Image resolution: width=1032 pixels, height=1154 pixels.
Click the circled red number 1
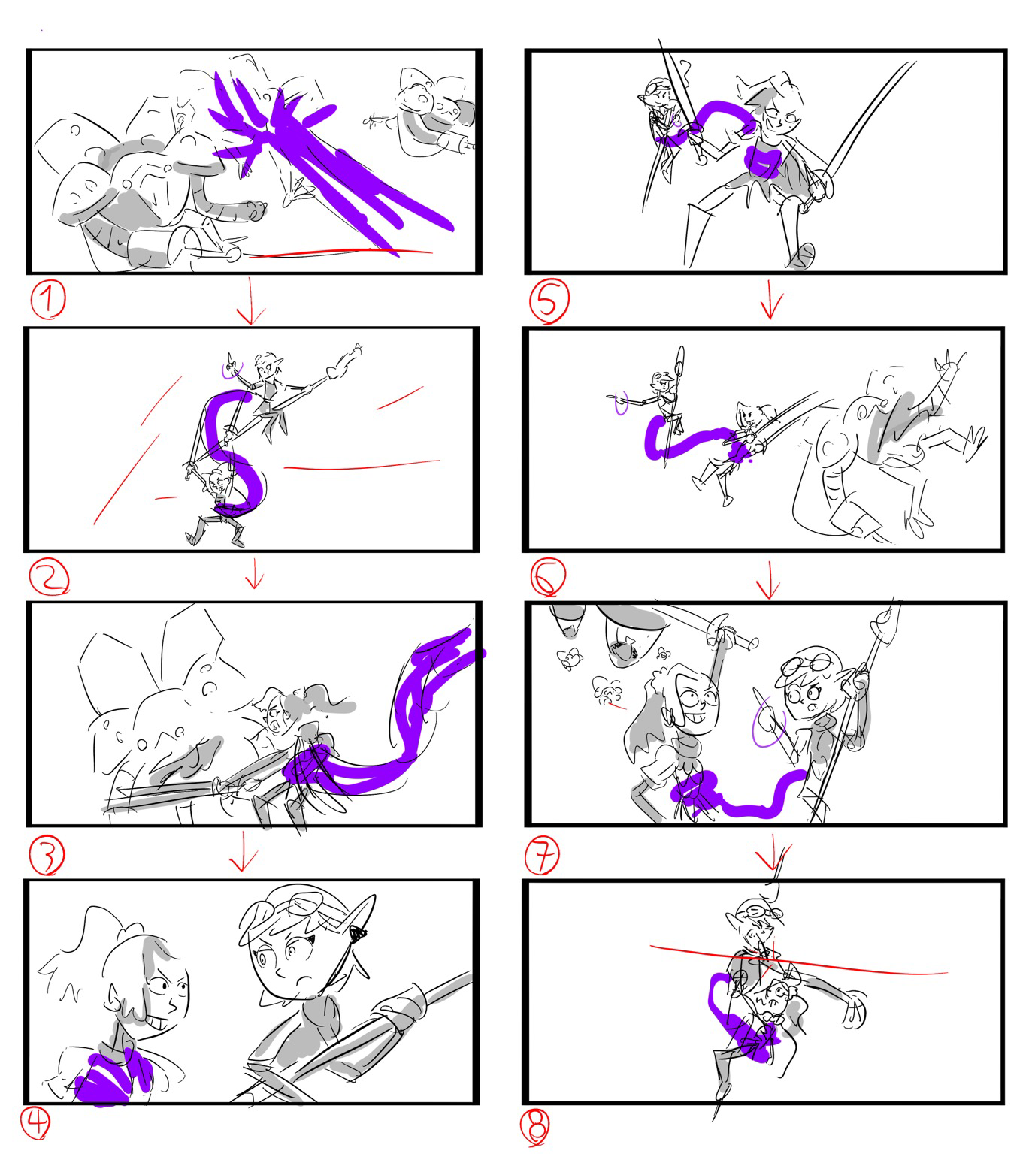[48, 301]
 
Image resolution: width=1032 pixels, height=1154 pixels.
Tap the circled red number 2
[49, 577]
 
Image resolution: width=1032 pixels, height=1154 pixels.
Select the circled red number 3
[47, 854]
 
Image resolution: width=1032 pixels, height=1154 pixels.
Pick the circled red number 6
[548, 576]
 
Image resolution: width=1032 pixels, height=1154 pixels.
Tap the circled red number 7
[542, 854]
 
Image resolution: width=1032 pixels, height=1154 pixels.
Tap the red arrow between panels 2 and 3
[255, 573]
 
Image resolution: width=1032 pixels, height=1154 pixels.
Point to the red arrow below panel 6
[769, 580]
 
